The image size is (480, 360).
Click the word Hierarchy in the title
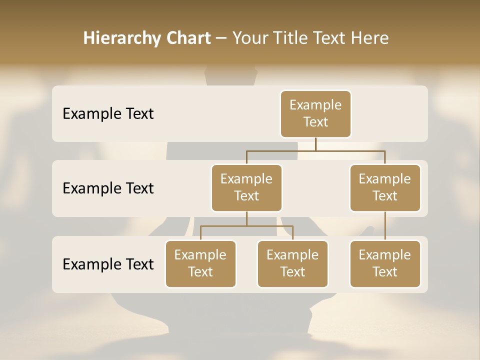point(122,38)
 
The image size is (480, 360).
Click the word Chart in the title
point(188,38)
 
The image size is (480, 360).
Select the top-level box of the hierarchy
point(315,114)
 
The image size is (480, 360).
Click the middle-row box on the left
point(246,188)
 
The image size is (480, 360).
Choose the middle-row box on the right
point(385,188)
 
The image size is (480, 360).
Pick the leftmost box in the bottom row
point(200,264)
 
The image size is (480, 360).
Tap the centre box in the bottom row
point(292,264)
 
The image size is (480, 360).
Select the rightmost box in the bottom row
point(385,264)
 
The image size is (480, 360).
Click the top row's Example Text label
point(108,114)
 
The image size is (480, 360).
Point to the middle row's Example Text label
point(108,188)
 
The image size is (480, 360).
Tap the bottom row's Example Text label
point(108,264)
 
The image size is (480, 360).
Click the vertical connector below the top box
point(315,144)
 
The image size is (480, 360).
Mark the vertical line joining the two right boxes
point(385,226)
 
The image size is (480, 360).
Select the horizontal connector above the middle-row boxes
point(315,150)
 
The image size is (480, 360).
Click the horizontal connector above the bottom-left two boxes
point(246,226)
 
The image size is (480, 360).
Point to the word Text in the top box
point(315,122)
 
